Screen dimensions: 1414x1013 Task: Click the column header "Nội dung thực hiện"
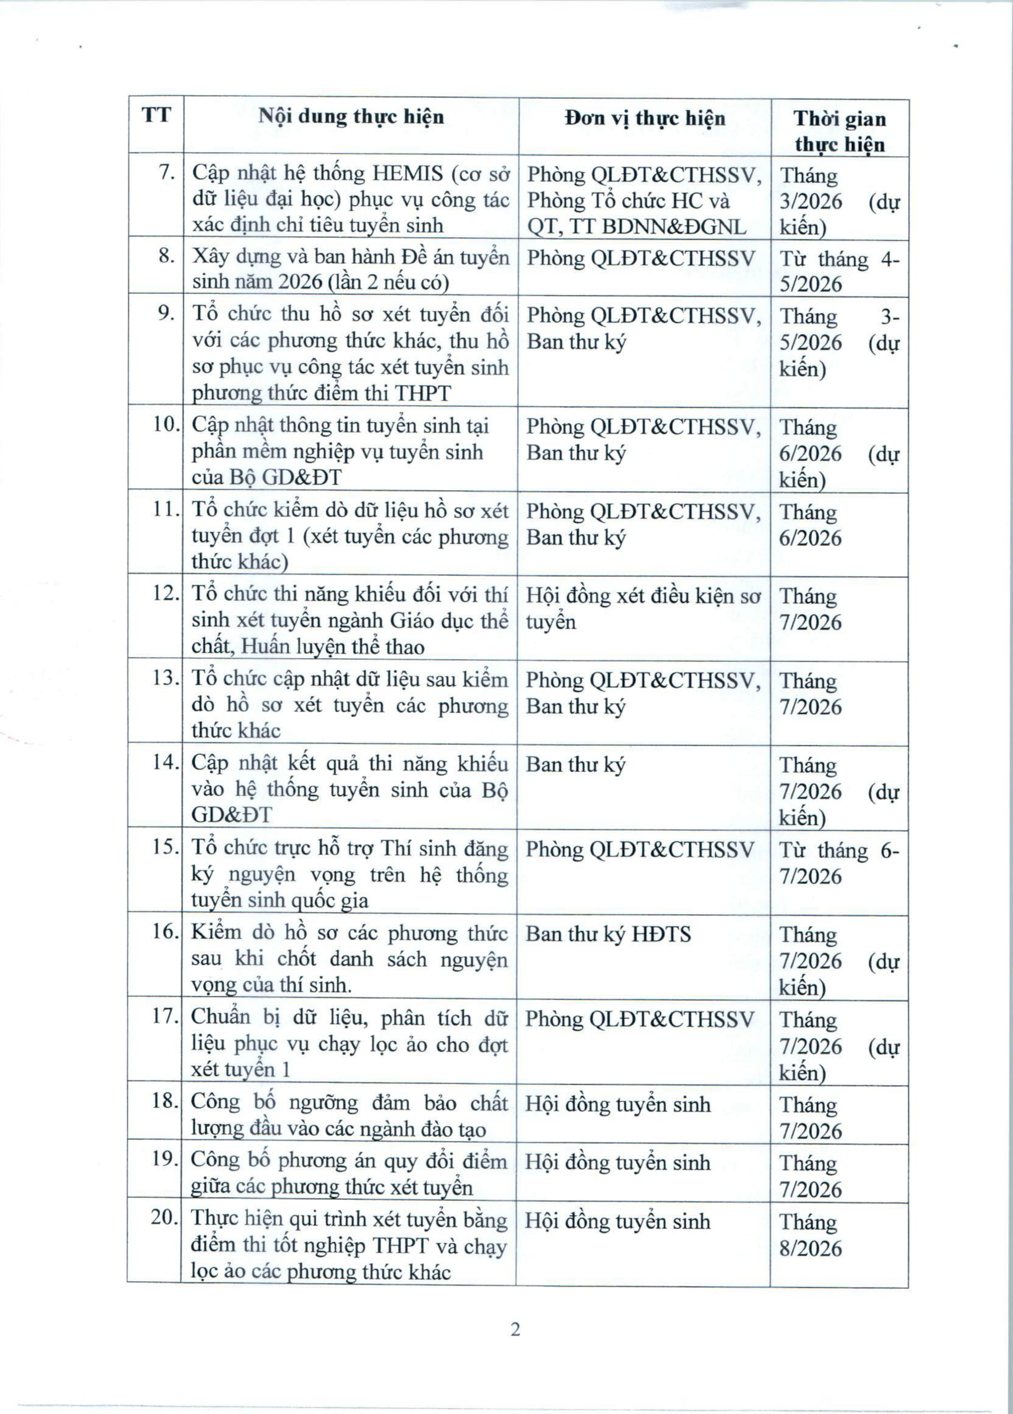point(351,117)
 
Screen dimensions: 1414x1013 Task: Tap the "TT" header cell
point(156,115)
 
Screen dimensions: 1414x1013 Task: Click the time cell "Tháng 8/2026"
point(810,1235)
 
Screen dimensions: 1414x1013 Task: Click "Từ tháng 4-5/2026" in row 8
point(838,271)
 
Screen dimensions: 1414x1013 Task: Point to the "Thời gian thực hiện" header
point(839,131)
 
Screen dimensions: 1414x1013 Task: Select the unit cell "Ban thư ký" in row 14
point(575,764)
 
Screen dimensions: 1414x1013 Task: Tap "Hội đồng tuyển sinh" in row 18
point(617,1104)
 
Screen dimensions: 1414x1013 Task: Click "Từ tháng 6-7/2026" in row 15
point(838,863)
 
